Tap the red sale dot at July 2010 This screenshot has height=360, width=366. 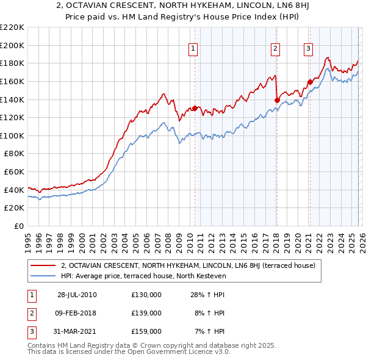[x=195, y=108]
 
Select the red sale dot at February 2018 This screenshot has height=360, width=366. [x=277, y=100]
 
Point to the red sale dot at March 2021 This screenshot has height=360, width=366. [x=310, y=82]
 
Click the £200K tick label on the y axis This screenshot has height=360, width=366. [x=12, y=45]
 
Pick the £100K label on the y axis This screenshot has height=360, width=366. [x=12, y=135]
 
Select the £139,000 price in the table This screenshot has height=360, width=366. [x=146, y=313]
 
